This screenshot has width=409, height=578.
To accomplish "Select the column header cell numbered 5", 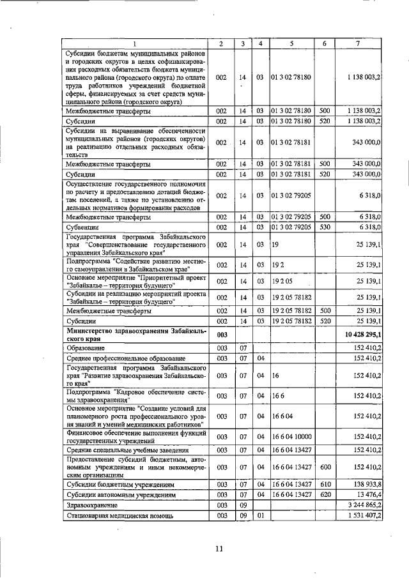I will click(x=291, y=43).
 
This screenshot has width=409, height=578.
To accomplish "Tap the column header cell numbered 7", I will click(x=358, y=43).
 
